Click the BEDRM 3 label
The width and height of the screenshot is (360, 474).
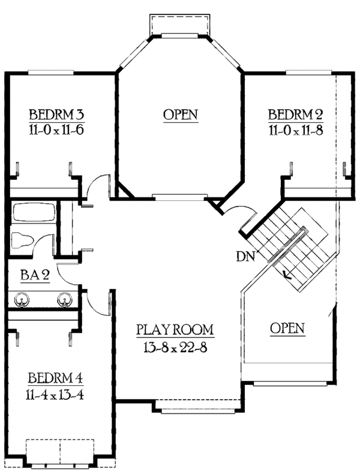pyautogui.click(x=55, y=114)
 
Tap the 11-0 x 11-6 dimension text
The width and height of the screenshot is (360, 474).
pyautogui.click(x=55, y=130)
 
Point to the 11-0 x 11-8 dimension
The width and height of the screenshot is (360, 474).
pyautogui.click(x=296, y=130)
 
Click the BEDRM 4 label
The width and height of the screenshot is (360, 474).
pyautogui.click(x=55, y=378)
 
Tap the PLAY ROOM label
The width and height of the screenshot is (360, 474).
pyautogui.click(x=175, y=330)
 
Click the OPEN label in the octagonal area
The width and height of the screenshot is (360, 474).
pyautogui.click(x=181, y=114)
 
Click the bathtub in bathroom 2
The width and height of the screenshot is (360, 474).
pyautogui.click(x=34, y=213)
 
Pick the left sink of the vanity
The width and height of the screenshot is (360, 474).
pyautogui.click(x=23, y=298)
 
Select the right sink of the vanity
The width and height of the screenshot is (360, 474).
pyautogui.click(x=65, y=298)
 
